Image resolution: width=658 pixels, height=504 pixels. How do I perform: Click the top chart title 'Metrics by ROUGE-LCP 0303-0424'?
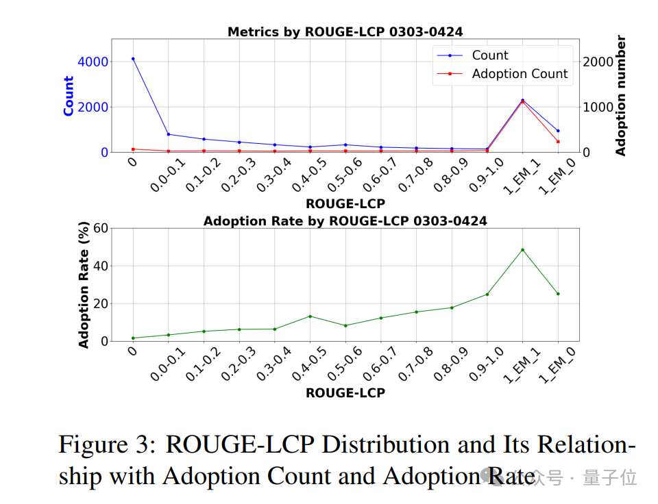[x=345, y=32]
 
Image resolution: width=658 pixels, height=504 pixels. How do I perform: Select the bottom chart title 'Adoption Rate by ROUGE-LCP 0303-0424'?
[x=345, y=221]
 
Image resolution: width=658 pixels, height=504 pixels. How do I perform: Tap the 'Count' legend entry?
[x=489, y=55]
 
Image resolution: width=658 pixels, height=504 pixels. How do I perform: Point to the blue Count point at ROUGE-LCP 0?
[x=133, y=59]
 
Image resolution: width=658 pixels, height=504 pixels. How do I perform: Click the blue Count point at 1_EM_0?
[x=558, y=131]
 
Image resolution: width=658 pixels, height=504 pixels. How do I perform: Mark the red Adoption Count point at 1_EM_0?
[x=558, y=142]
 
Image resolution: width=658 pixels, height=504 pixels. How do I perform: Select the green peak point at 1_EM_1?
[x=522, y=250]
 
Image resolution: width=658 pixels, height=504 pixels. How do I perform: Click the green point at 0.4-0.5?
[x=310, y=316]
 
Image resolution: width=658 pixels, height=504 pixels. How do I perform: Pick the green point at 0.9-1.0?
[x=487, y=294]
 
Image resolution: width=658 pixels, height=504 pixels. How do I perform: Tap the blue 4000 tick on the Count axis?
[x=93, y=62]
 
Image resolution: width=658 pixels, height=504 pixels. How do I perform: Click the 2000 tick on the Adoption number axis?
[x=598, y=62]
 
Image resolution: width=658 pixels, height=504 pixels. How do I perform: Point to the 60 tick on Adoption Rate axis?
[x=101, y=229]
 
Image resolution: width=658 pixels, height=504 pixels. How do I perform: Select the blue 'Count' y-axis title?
[x=69, y=96]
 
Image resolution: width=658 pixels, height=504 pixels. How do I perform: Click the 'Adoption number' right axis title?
[x=620, y=96]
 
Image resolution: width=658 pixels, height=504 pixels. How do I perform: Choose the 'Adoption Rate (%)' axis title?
[x=84, y=285]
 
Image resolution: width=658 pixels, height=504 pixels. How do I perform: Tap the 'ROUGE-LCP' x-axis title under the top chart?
[x=345, y=204]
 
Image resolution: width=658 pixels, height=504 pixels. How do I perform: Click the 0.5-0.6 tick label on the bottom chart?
[x=345, y=364]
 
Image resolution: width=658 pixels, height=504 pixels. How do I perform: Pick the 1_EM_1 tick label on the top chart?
[x=522, y=177]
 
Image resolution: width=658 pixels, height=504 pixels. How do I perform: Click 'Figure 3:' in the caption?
[x=107, y=444]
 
